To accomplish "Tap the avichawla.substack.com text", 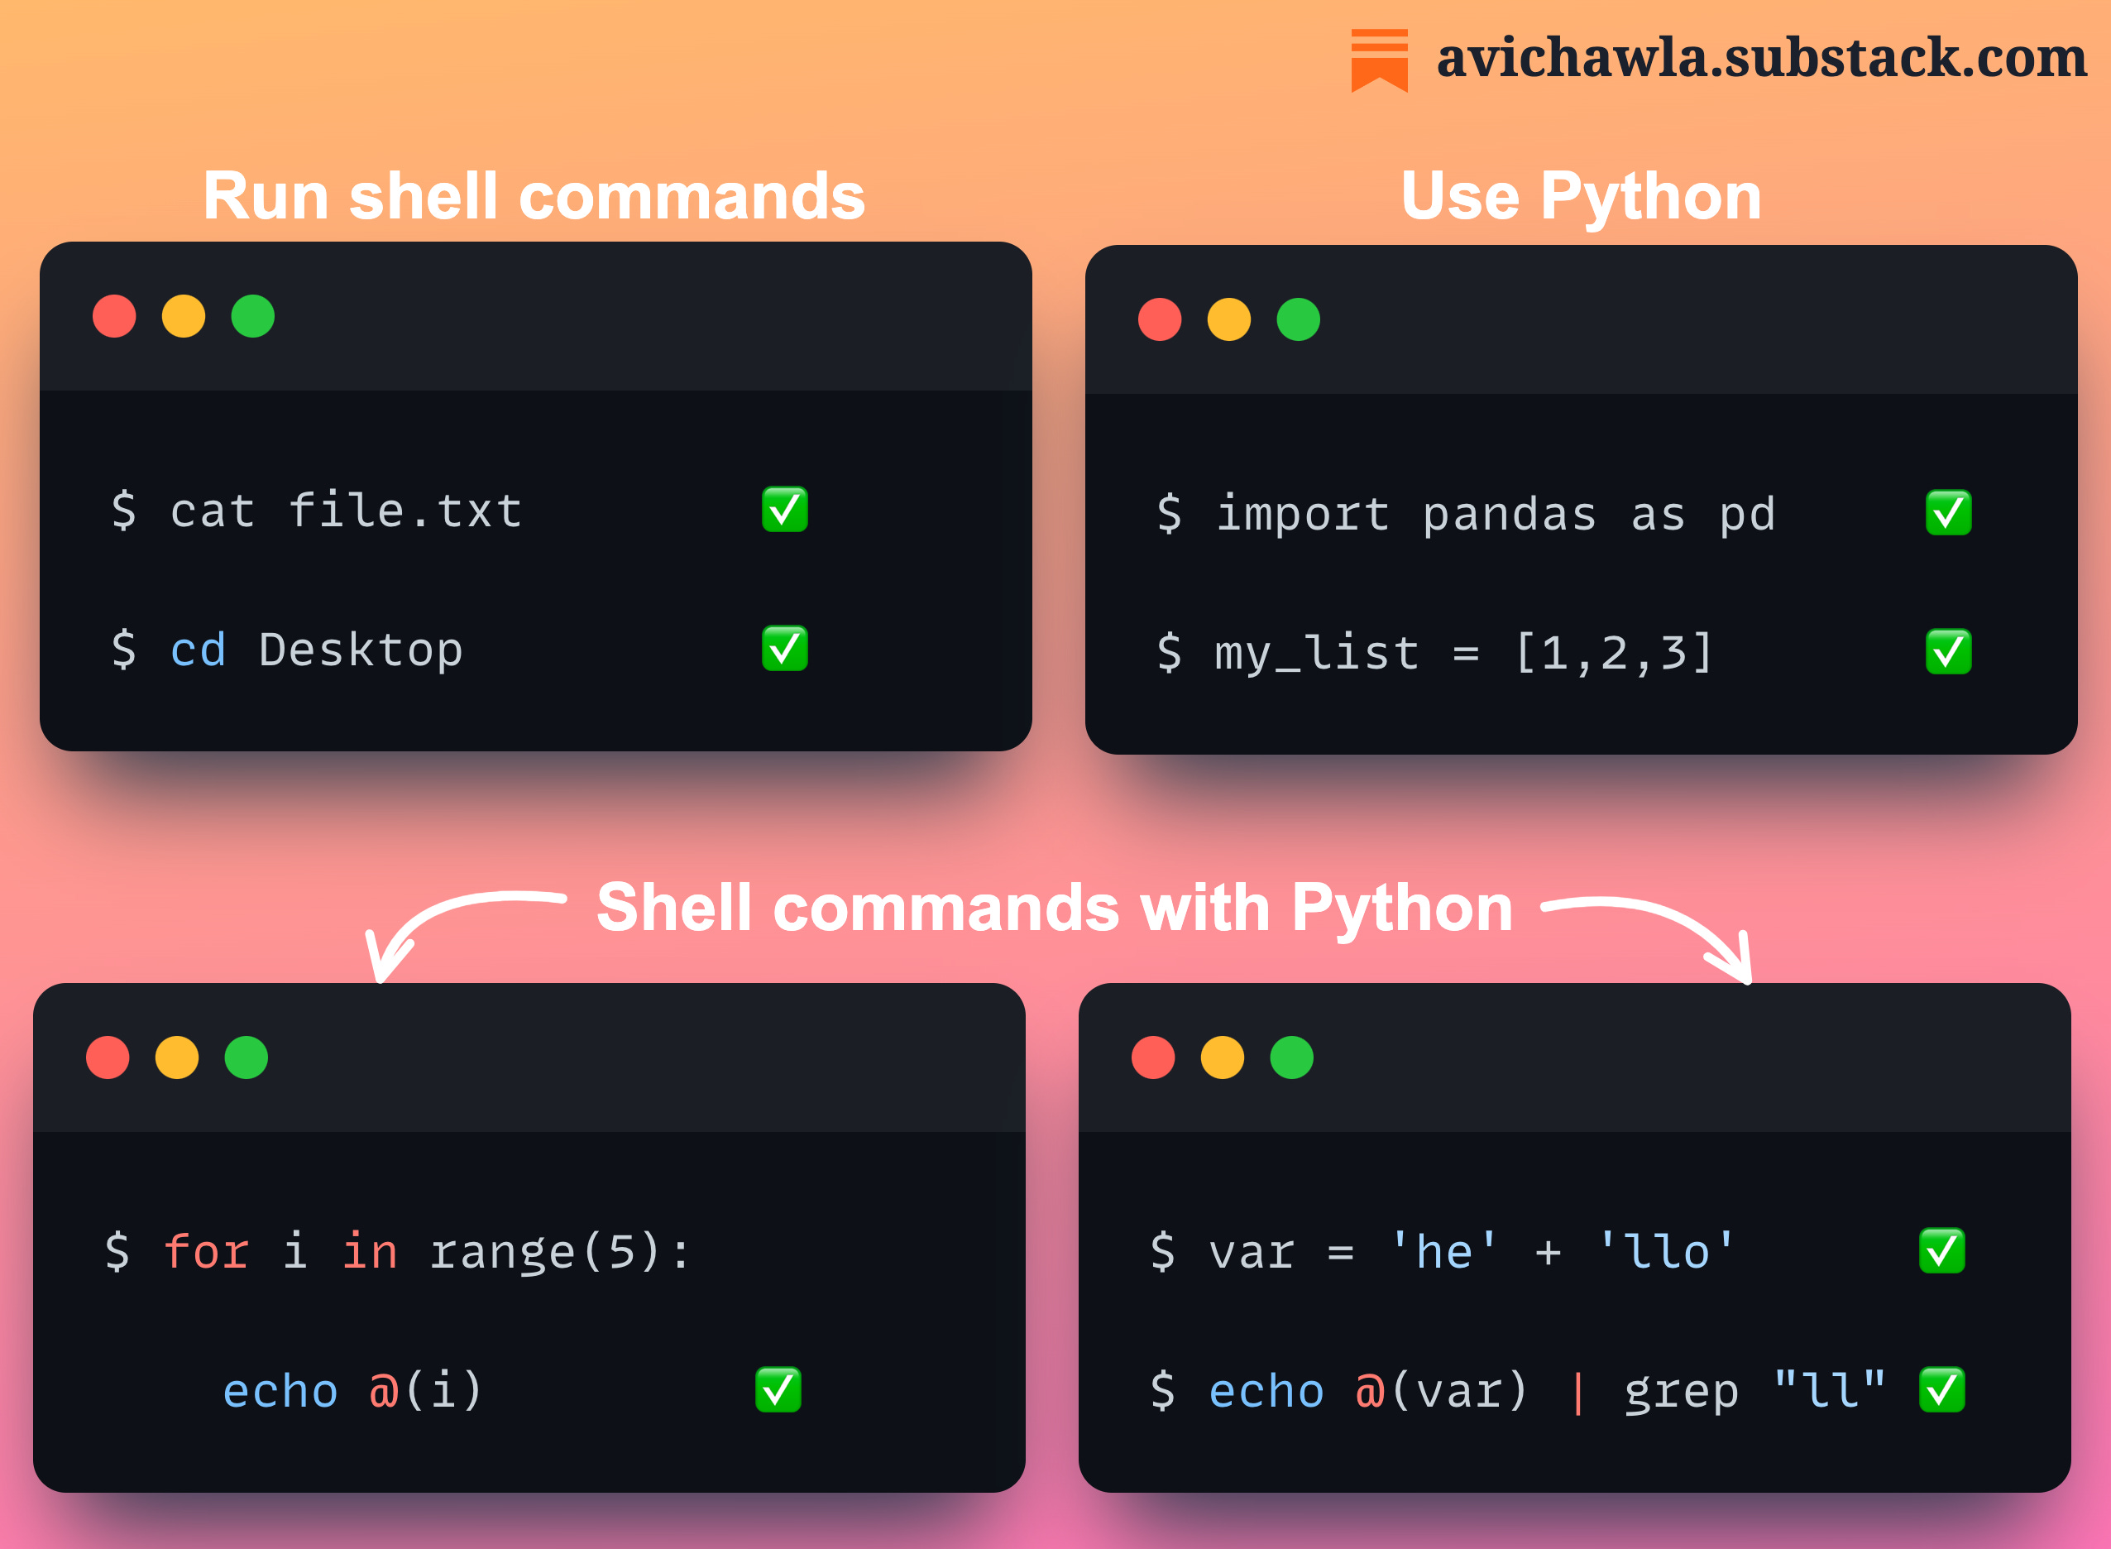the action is (1761, 58).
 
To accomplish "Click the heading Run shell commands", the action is (534, 197).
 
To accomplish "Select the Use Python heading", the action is (1581, 197).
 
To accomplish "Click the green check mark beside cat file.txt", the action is (785, 510).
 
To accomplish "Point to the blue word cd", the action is (198, 650).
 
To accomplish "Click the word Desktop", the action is (361, 650).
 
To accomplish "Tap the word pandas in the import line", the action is (1509, 515).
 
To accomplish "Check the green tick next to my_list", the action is (1948, 653).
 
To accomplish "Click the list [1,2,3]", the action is (1613, 653).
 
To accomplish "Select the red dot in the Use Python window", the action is (1160, 319).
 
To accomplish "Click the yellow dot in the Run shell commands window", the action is (184, 316).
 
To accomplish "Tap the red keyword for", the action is (206, 1252).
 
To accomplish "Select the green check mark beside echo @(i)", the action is (778, 1389).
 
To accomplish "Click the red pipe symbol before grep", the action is (1577, 1392).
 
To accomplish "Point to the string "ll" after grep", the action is (1829, 1389).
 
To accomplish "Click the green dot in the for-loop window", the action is (247, 1057).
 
